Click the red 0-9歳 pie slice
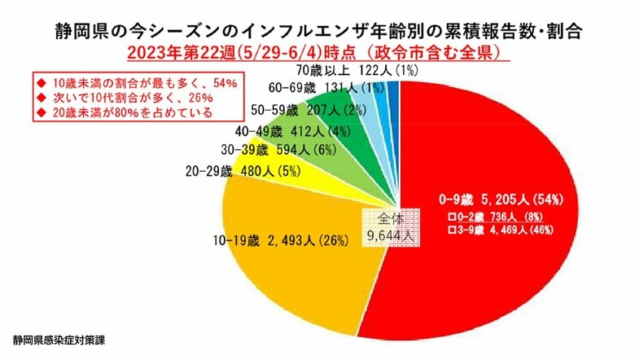pyautogui.click(x=488, y=269)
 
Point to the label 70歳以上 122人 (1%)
pyautogui.click(x=351, y=71)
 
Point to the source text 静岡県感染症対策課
pyautogui.click(x=70, y=337)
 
